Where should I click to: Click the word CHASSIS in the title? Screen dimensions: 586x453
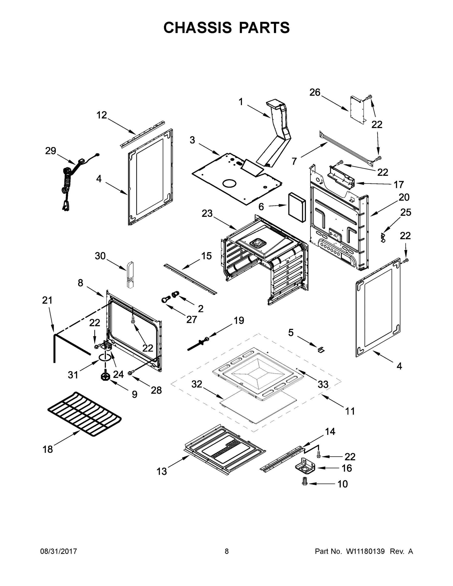point(198,28)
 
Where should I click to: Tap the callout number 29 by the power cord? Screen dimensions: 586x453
point(51,151)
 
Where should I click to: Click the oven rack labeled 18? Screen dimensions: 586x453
point(84,414)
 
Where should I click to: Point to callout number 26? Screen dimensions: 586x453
point(315,92)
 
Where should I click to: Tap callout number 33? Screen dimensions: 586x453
point(323,384)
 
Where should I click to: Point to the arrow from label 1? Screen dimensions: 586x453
point(259,111)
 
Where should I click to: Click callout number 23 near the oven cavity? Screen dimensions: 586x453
point(207,214)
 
